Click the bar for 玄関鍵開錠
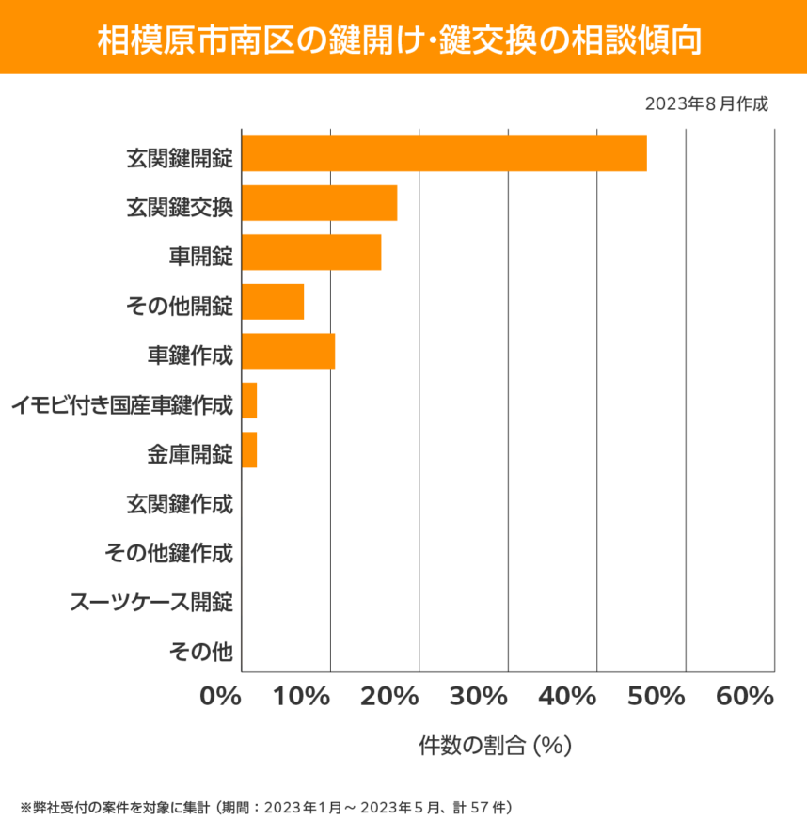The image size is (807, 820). (x=444, y=153)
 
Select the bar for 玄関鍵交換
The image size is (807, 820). (x=319, y=203)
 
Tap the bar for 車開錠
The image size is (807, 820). (x=311, y=252)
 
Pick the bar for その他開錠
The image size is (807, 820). (x=273, y=302)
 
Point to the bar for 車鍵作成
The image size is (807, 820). (x=288, y=351)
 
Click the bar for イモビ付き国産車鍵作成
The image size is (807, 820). (x=249, y=401)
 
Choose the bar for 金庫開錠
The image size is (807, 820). (x=249, y=449)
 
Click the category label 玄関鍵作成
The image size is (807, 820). (x=179, y=503)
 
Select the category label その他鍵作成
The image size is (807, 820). (x=168, y=553)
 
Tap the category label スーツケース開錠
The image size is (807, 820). (x=151, y=602)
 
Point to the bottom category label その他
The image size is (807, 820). (x=200, y=651)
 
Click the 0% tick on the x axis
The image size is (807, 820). (x=223, y=697)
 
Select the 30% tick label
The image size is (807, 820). (x=479, y=697)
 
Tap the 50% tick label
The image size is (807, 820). (x=657, y=697)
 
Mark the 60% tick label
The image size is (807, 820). (x=745, y=697)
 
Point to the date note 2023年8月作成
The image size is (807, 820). (x=706, y=103)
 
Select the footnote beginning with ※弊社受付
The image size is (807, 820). (x=265, y=807)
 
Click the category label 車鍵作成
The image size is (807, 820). (x=189, y=355)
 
